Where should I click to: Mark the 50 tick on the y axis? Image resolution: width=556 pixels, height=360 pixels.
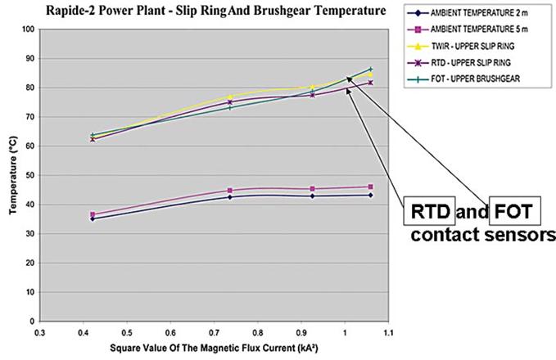(x=27, y=175)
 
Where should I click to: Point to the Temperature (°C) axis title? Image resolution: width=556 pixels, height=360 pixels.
(x=11, y=174)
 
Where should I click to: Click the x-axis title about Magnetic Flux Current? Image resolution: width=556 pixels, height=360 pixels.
(x=213, y=348)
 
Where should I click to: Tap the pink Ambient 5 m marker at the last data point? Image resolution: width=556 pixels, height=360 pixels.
(x=370, y=187)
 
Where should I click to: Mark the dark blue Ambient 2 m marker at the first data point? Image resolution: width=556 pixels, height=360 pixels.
(x=92, y=218)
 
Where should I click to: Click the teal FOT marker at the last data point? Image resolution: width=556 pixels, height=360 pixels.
(x=370, y=70)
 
